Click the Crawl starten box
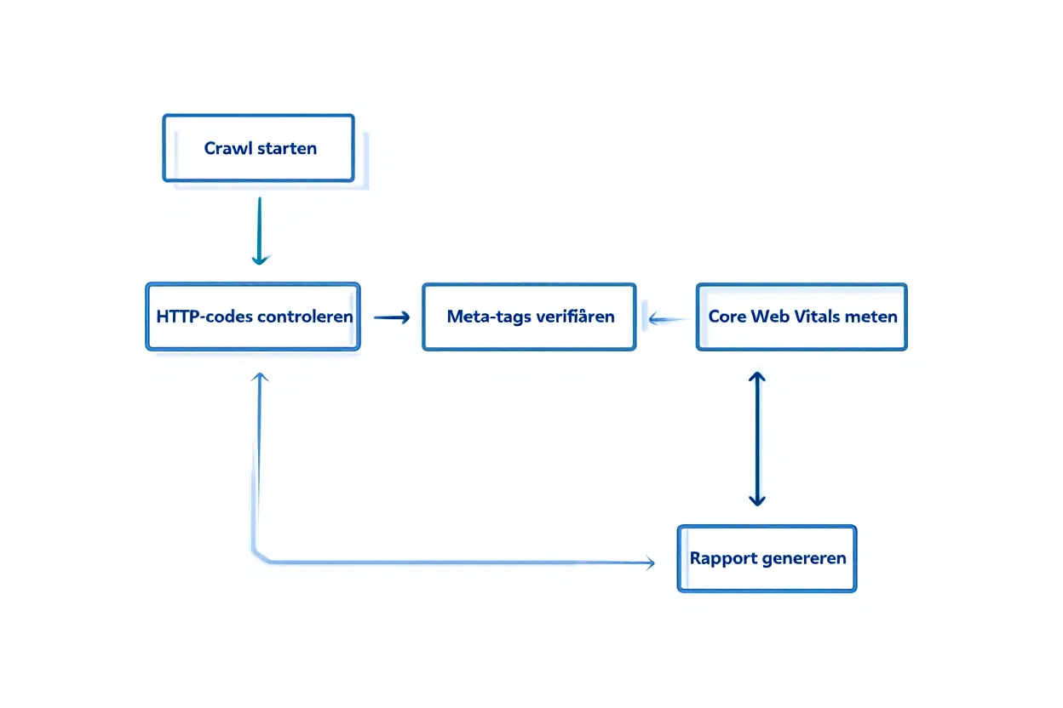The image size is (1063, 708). [258, 148]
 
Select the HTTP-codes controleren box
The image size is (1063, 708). [253, 317]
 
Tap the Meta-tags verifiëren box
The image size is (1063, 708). [529, 317]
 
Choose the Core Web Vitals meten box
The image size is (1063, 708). [802, 317]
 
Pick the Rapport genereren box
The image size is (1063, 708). [767, 558]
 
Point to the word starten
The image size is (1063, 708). [287, 148]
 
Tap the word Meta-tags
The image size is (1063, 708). [484, 317]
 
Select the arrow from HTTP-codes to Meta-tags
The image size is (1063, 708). [392, 317]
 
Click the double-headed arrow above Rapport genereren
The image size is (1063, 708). [756, 438]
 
